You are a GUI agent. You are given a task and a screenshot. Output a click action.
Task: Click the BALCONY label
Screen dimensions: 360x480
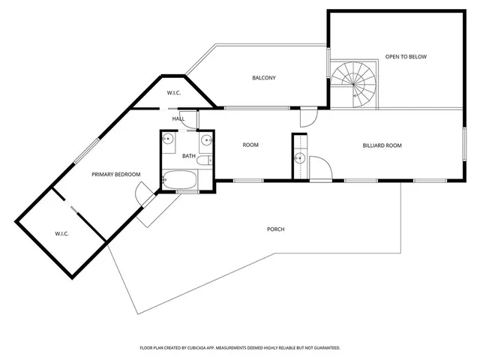264,78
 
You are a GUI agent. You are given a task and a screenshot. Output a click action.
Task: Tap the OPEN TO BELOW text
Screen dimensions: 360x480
406,57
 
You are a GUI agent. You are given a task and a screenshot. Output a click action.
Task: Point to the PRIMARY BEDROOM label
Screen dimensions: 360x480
116,175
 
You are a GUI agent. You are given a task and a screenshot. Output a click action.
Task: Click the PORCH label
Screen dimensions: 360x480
275,229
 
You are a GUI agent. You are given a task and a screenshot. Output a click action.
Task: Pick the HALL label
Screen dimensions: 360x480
178,118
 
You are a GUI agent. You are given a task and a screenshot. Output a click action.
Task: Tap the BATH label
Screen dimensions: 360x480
189,156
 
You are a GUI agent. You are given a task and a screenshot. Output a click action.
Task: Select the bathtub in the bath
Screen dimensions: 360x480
180,181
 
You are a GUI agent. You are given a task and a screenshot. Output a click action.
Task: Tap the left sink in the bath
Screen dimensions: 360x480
169,139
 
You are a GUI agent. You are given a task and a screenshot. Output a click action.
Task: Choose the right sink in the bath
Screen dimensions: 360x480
205,139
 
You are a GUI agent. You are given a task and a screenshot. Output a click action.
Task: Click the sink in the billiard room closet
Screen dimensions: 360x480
299,158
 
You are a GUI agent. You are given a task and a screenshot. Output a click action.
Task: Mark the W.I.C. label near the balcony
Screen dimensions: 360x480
174,93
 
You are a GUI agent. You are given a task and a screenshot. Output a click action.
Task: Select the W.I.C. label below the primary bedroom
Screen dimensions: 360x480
61,234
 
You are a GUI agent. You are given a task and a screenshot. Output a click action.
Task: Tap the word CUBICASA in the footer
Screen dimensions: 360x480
206,348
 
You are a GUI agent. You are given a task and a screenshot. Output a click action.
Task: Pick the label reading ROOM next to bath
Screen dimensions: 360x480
250,145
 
